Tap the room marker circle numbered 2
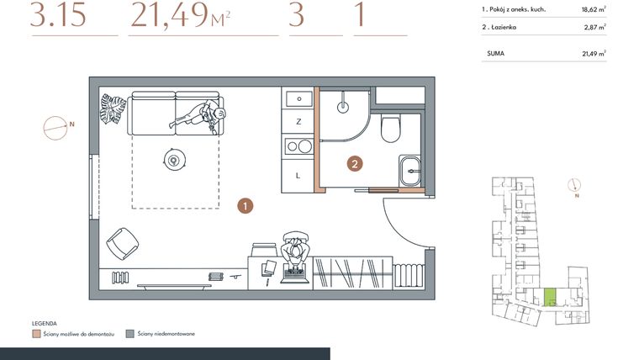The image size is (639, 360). [x=356, y=164]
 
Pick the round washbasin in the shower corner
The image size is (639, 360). [x=343, y=107]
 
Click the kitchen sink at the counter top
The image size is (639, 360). [x=298, y=99]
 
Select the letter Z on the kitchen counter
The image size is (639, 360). [x=298, y=122]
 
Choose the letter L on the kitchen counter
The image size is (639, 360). [x=298, y=175]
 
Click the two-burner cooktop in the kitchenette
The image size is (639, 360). [x=298, y=147]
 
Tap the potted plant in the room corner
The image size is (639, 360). [x=113, y=107]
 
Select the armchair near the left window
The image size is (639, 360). [x=120, y=244]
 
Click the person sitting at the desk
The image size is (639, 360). [x=296, y=251]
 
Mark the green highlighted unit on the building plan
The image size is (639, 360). [x=550, y=297]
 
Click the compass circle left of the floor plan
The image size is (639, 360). [x=55, y=127]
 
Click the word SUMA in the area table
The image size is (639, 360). [x=495, y=53]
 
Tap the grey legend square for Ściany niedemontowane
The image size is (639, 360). [x=129, y=334]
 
